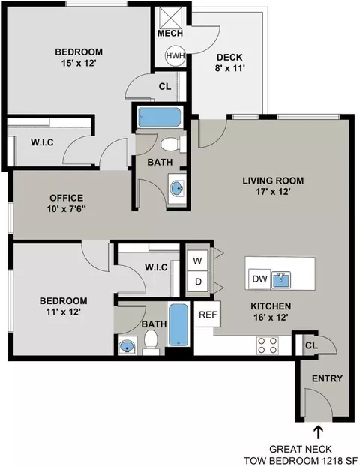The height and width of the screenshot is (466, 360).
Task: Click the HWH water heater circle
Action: (x=175, y=56)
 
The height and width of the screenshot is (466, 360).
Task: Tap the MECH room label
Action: (x=170, y=33)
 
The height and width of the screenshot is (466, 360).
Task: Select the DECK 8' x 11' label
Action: (x=229, y=63)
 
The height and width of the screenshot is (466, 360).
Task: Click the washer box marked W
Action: (x=197, y=261)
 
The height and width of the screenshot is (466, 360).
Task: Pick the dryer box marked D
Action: (x=198, y=281)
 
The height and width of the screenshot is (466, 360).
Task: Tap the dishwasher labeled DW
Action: (x=259, y=279)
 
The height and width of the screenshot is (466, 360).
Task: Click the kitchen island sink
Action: (x=281, y=279)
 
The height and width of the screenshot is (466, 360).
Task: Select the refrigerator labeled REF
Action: (x=208, y=314)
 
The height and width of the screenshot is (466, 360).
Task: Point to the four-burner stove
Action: (x=267, y=345)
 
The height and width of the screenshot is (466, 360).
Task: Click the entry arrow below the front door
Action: (x=318, y=432)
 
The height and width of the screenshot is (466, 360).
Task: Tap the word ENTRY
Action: (x=327, y=378)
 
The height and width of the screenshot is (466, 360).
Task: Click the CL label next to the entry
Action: (x=311, y=345)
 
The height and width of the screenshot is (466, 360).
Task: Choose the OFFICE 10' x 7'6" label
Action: (x=66, y=203)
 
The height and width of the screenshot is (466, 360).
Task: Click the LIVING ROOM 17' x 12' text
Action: (x=273, y=186)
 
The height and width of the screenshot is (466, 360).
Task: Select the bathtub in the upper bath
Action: (x=160, y=117)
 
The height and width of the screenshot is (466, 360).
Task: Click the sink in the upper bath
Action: (x=178, y=188)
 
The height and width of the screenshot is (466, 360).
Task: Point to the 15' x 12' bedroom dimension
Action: (x=79, y=63)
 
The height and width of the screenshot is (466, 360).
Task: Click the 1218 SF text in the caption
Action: (x=339, y=461)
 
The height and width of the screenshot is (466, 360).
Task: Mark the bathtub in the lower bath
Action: (x=178, y=324)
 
